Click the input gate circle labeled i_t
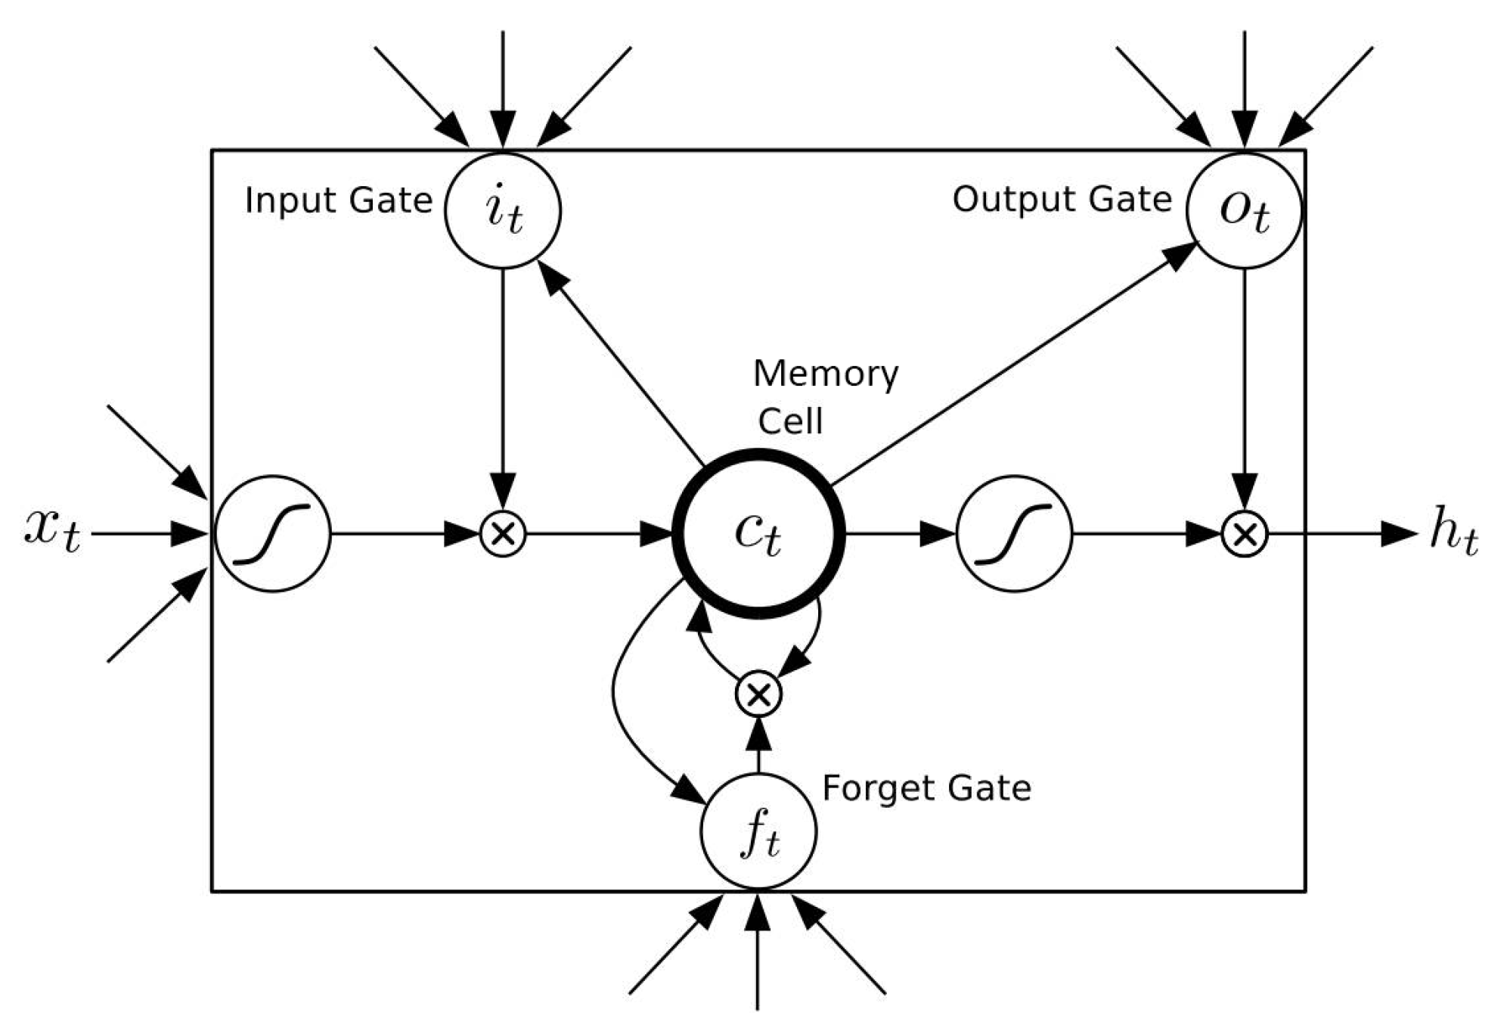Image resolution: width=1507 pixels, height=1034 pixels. pos(503,210)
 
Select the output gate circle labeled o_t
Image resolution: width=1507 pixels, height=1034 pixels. pos(1244,210)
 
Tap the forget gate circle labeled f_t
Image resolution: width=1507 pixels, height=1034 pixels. pos(758,831)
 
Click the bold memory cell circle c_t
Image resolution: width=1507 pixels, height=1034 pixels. pos(758,533)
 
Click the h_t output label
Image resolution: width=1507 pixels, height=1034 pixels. pos(1453,533)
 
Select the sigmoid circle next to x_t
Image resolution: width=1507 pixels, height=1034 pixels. pos(272,533)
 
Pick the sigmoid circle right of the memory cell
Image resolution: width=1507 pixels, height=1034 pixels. pos(1014,533)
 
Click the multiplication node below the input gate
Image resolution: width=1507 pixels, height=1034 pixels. pos(503,534)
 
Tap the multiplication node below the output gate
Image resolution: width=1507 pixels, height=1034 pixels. pos(1245,534)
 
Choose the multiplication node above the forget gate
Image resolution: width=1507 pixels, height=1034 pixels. pos(758,694)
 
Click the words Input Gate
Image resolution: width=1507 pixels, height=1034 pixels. pos(338,200)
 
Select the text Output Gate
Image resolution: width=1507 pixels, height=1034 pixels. pos(1062,200)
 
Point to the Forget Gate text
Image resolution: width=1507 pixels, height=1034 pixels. pos(926,788)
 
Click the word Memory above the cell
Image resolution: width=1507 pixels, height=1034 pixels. pos(826,374)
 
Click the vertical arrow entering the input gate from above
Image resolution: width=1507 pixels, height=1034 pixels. pos(503,83)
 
